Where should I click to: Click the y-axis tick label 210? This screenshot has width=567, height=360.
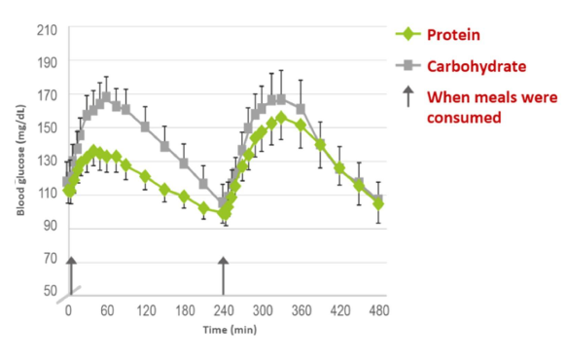point(47,29)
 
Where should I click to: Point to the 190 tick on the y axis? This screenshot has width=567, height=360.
point(47,62)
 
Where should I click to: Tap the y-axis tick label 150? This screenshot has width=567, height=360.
point(47,128)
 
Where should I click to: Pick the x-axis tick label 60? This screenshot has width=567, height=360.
point(107,311)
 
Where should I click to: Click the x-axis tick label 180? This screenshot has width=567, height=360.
point(184,311)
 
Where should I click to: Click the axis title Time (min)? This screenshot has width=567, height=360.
point(229,331)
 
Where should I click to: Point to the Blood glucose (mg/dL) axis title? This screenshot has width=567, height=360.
point(20,162)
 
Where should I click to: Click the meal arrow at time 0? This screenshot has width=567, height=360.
point(69,274)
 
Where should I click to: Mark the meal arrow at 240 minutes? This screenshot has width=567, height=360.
point(224,274)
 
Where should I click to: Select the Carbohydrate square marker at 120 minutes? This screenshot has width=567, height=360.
point(146,126)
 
